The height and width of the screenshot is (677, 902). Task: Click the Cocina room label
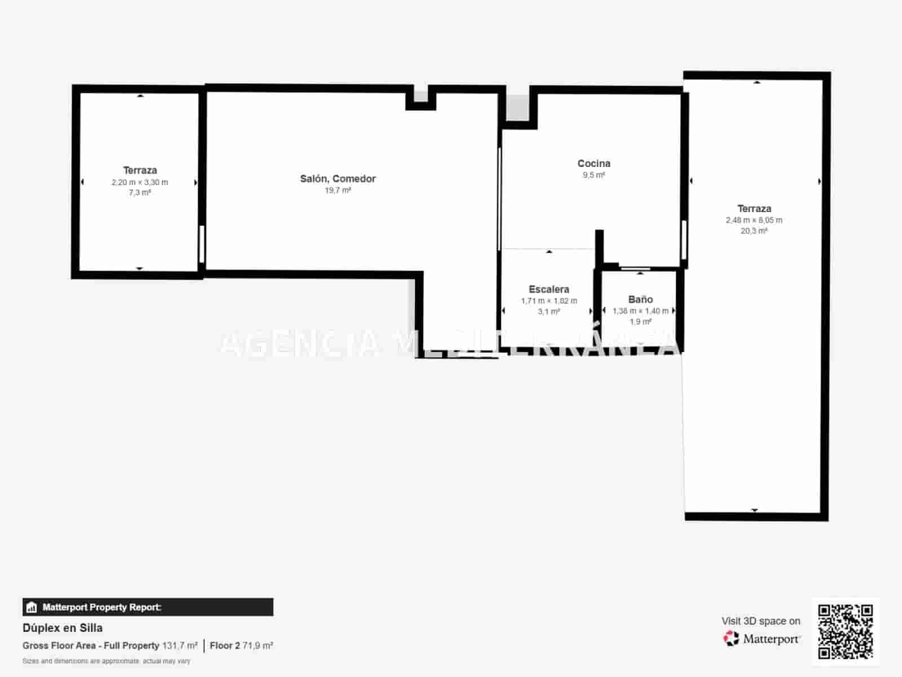click(594, 164)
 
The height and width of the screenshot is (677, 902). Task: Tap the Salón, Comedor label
click(338, 179)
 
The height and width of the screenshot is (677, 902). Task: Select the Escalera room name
click(549, 289)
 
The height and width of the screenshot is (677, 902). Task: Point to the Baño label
click(640, 300)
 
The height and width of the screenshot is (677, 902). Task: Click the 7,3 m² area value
click(140, 193)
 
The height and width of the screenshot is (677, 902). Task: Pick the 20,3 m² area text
click(754, 231)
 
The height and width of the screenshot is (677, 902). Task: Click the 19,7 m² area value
click(338, 191)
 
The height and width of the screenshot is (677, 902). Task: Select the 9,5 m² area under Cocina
click(594, 175)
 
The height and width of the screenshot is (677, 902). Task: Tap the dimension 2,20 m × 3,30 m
click(140, 182)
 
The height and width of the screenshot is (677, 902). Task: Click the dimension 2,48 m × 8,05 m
click(754, 220)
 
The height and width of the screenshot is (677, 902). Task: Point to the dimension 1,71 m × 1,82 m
click(549, 301)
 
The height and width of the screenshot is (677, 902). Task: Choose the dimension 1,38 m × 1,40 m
click(640, 311)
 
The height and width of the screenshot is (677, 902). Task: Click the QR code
click(845, 631)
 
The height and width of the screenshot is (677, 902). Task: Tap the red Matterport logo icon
click(731, 639)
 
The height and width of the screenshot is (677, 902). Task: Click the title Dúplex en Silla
click(63, 628)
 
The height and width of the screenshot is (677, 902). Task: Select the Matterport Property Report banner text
click(101, 608)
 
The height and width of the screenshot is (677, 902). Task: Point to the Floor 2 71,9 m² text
click(241, 645)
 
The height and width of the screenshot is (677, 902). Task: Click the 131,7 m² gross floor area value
click(180, 645)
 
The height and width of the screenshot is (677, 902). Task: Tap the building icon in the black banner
click(32, 608)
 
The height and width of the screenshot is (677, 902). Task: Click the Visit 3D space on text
click(760, 621)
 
